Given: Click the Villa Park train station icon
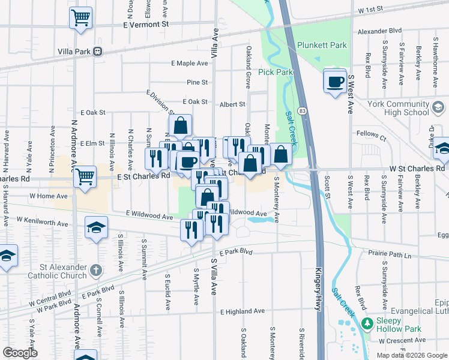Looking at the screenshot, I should [97, 52].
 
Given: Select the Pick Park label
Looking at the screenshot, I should [276, 72].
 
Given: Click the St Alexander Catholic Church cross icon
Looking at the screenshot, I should [95, 270].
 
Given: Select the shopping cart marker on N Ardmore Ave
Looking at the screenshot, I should [85, 176].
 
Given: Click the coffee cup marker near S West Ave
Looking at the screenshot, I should [335, 80].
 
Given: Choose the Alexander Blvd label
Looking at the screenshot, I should [379, 31].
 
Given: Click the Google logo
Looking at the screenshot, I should [20, 353].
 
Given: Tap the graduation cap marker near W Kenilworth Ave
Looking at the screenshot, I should [96, 227].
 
